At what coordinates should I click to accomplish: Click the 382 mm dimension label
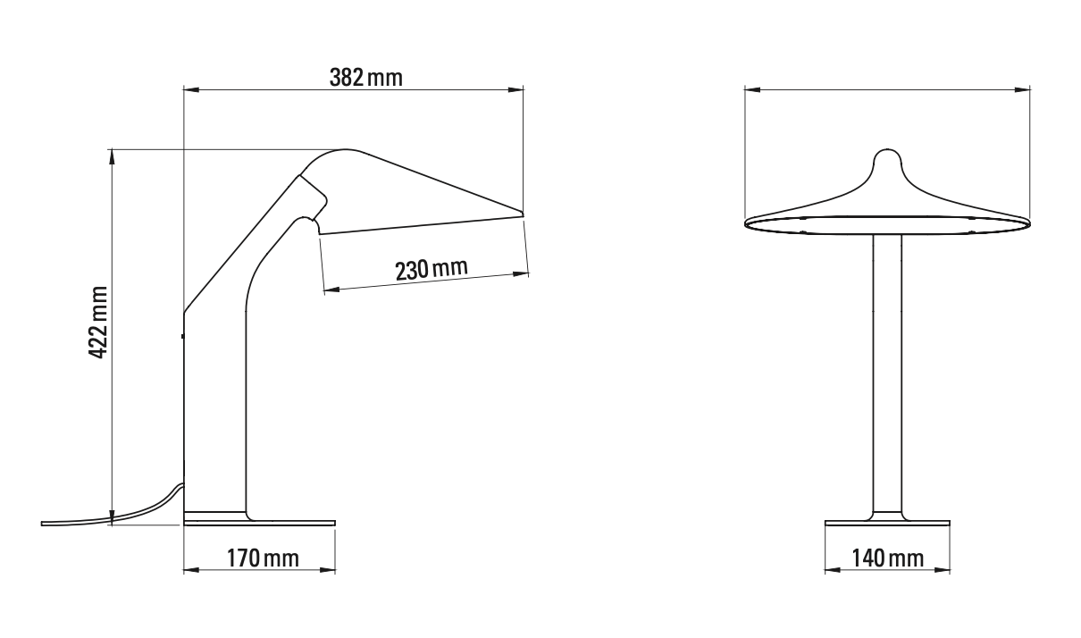(x=365, y=78)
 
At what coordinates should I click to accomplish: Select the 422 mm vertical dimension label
(x=98, y=323)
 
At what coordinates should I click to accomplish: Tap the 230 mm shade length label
(x=432, y=269)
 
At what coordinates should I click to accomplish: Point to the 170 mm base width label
(x=263, y=558)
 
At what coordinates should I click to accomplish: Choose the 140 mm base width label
(x=887, y=558)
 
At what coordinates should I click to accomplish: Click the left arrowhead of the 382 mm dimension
(x=191, y=89)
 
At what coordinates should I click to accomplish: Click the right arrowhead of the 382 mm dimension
(x=515, y=89)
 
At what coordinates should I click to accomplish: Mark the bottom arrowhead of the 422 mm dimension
(x=112, y=516)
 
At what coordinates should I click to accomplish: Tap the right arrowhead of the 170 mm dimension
(x=327, y=570)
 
